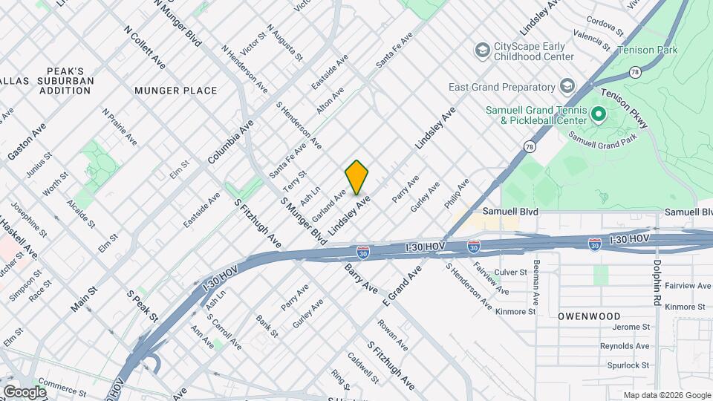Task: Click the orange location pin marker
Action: point(357,177)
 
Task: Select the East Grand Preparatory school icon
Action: point(568,87)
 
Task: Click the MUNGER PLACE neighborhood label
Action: point(176,91)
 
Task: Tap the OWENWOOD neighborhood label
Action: point(589,316)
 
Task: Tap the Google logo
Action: point(25,391)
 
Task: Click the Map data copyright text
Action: point(667,395)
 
